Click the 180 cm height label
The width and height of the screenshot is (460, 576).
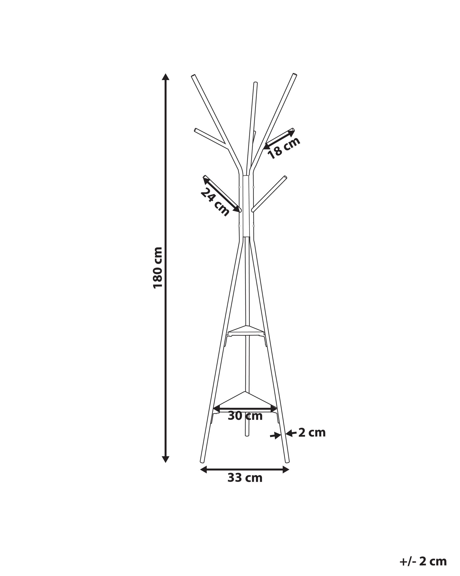158,268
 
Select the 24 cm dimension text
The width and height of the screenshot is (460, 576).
215,202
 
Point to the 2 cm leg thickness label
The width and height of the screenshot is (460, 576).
312,433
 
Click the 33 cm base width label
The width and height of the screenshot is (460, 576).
245,478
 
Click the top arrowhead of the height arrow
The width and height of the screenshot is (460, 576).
166,77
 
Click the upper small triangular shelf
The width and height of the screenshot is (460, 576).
245,330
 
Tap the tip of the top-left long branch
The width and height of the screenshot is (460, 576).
193,76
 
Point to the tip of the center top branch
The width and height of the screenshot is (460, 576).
256,83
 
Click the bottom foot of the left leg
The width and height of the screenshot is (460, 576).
202,461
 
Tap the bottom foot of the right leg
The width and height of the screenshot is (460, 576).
287,461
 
